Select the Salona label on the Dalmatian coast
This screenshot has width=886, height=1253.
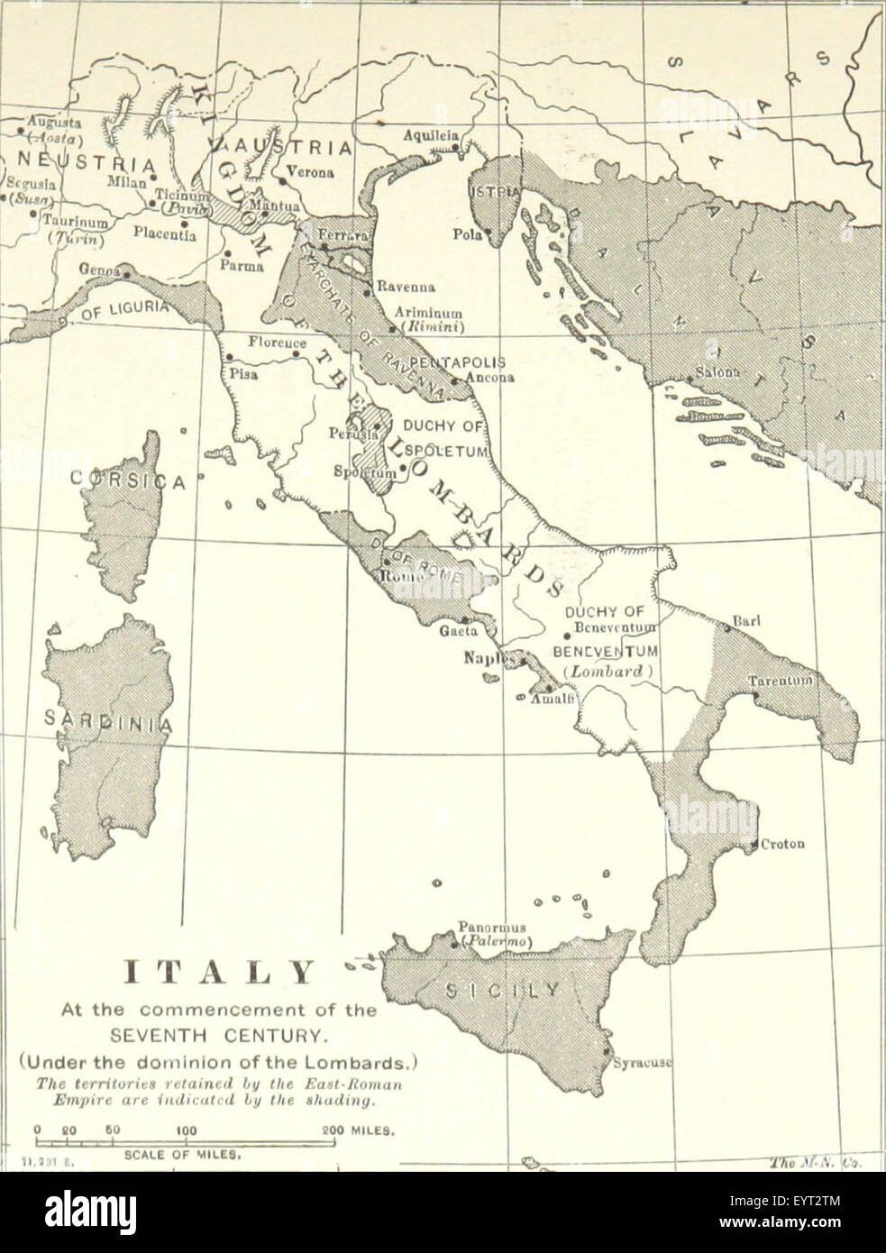tap(716, 373)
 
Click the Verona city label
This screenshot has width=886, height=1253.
tap(310, 171)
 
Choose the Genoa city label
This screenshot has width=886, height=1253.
tap(99, 268)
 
